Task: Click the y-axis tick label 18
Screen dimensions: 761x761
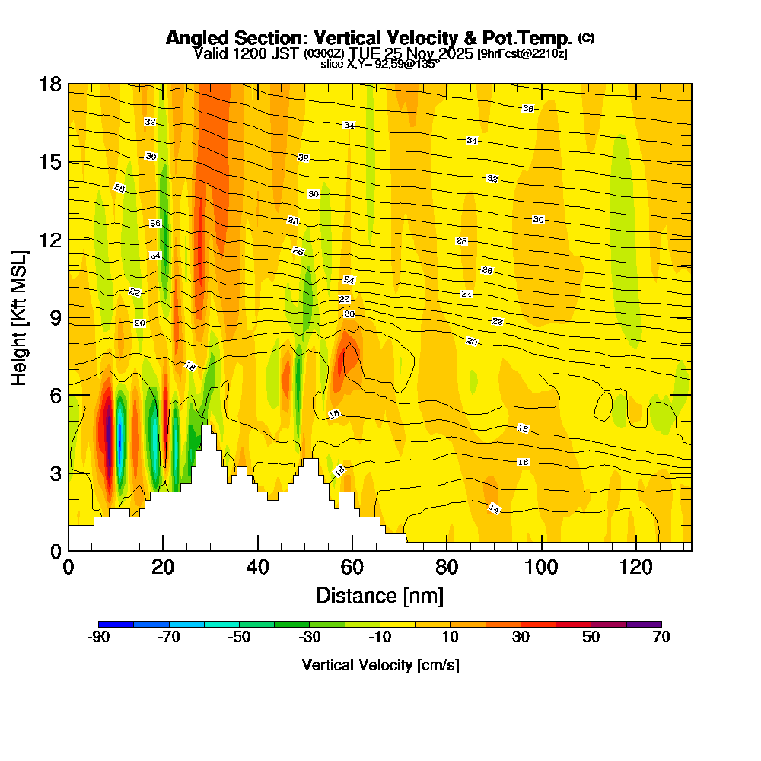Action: click(49, 84)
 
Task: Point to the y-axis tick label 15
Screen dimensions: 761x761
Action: click(49, 162)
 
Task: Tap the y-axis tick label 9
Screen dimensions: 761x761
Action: click(54, 317)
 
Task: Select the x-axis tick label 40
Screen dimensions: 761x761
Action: click(258, 568)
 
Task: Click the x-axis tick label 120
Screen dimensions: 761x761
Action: click(635, 568)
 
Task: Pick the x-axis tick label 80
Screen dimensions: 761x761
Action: click(447, 568)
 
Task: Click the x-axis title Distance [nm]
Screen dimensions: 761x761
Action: click(380, 595)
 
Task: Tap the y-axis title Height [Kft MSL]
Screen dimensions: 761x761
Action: click(20, 317)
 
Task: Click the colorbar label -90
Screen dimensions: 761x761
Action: click(99, 638)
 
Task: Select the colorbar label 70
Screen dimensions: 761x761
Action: click(661, 638)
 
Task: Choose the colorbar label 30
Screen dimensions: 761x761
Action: click(521, 638)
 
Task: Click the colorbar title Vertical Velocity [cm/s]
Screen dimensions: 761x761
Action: click(380, 665)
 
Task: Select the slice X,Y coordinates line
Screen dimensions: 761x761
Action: click(380, 65)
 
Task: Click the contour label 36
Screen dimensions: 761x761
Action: click(528, 109)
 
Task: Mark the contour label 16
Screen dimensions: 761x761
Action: click(523, 462)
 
